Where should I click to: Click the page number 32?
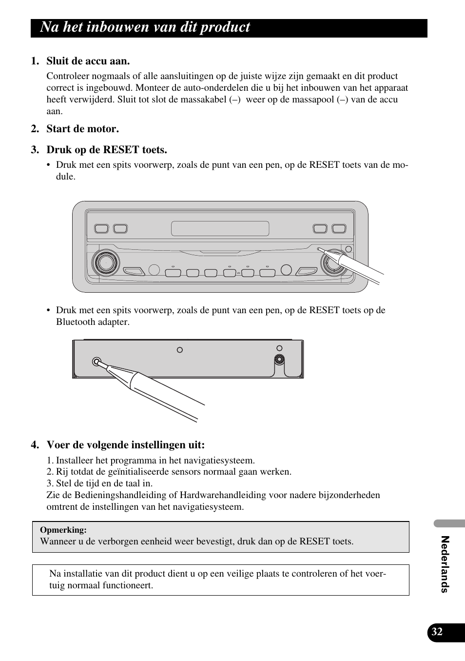[x=437, y=632]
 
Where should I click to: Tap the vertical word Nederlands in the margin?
[x=444, y=564]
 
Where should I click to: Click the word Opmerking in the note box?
[x=63, y=530]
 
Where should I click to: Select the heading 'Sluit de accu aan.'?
[x=88, y=61]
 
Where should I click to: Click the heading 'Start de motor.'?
[x=82, y=129]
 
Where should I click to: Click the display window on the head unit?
[x=220, y=228]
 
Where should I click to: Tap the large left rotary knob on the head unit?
[x=105, y=263]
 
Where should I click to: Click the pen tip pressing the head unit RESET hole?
[x=320, y=250]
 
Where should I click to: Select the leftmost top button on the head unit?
[x=101, y=229]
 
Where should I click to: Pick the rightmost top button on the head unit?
[x=339, y=229]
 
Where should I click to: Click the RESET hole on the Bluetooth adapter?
[x=96, y=361]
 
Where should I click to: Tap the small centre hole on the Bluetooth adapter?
[x=180, y=350]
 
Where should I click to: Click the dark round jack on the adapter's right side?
[x=279, y=360]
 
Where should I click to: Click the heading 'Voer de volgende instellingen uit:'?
[x=125, y=445]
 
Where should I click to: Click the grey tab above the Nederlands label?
[x=449, y=523]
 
